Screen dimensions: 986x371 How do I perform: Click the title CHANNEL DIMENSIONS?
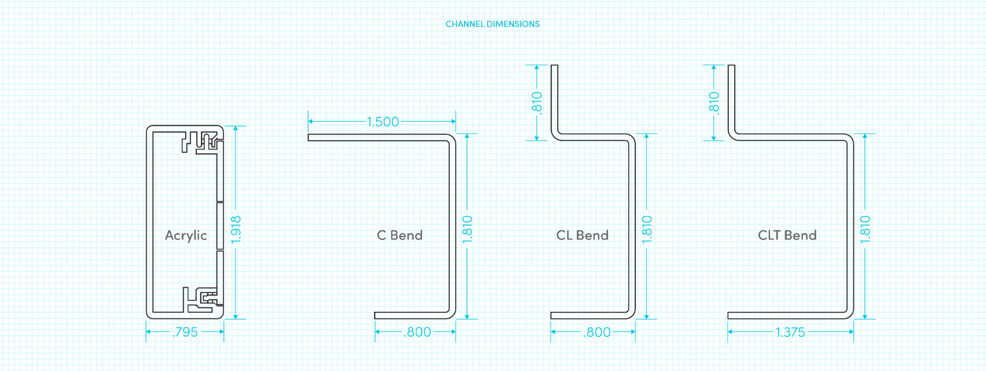tap(492, 24)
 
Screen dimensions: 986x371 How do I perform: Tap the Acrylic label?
tap(186, 235)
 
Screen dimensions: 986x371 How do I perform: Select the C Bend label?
tap(400, 235)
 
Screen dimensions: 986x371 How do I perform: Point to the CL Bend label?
tap(582, 235)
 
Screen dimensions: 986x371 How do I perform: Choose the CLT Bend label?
tap(787, 235)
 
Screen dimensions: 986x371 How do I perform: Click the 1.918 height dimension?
tap(236, 230)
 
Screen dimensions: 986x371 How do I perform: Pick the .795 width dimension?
tap(185, 332)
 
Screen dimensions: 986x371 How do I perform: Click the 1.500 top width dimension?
tap(382, 122)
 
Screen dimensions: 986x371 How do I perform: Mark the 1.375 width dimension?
tap(790, 332)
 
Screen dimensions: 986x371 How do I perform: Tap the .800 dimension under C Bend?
tap(417, 332)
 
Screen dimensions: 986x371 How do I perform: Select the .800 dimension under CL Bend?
tap(597, 332)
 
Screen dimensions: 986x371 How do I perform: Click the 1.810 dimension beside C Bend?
tap(467, 230)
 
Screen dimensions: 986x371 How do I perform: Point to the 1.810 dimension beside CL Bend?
tap(647, 230)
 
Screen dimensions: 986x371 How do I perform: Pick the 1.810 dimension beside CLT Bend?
tap(865, 230)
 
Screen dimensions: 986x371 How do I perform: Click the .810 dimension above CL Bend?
tap(536, 103)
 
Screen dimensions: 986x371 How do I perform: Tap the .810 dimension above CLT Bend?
tap(713, 103)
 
